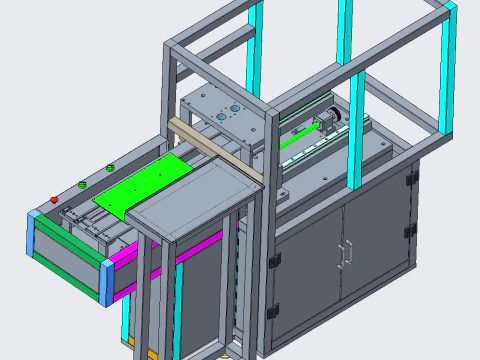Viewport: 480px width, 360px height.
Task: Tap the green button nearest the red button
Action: pos(82,184)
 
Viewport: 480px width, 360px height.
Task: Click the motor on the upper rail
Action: pos(326,122)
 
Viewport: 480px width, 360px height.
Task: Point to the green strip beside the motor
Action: pos(300,141)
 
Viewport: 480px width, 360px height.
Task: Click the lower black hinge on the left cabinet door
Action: pos(273,313)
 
